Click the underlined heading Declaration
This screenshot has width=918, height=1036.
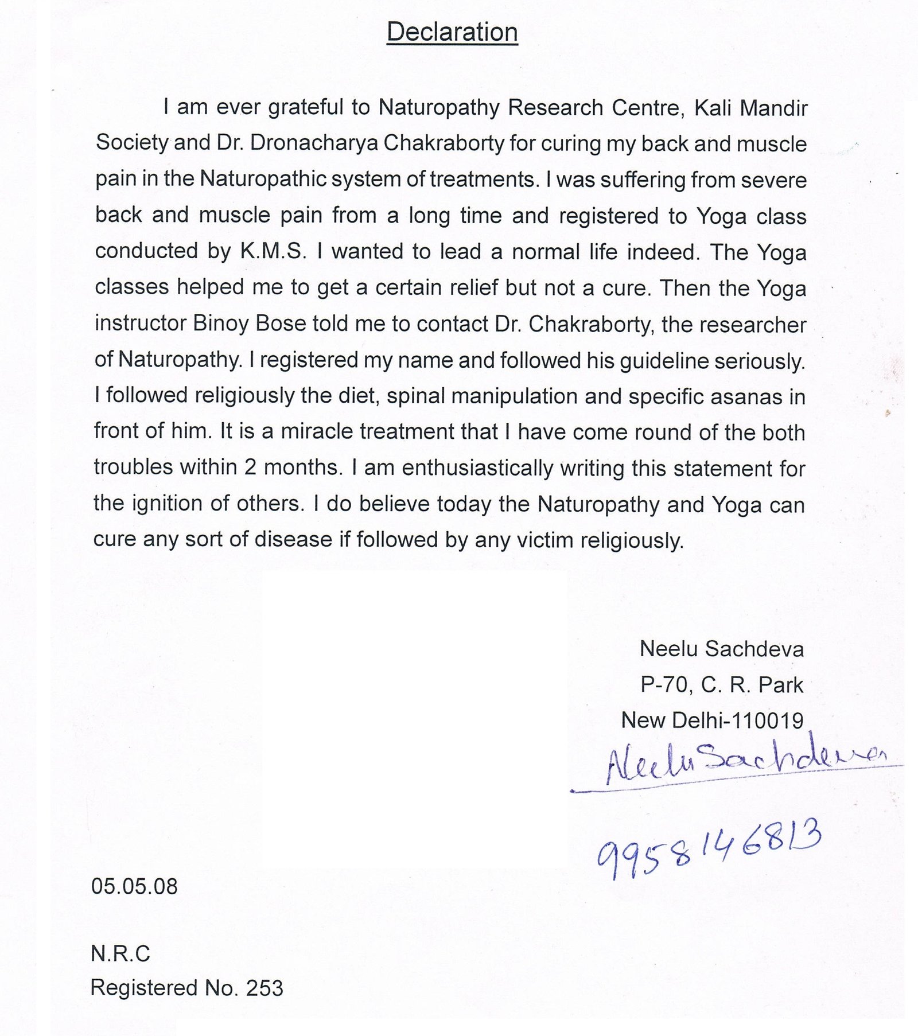[x=452, y=32]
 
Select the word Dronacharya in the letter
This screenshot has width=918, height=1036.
[x=314, y=143]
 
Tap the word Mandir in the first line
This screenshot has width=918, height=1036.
[x=774, y=108]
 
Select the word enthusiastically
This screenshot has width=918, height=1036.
[x=477, y=468]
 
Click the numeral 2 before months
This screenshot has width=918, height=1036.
[x=250, y=468]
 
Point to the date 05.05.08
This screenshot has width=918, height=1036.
[x=134, y=886]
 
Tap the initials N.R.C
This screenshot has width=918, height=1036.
[x=120, y=954]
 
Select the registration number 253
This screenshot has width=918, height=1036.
[x=264, y=988]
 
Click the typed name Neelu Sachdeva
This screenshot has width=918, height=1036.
[x=721, y=649]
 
